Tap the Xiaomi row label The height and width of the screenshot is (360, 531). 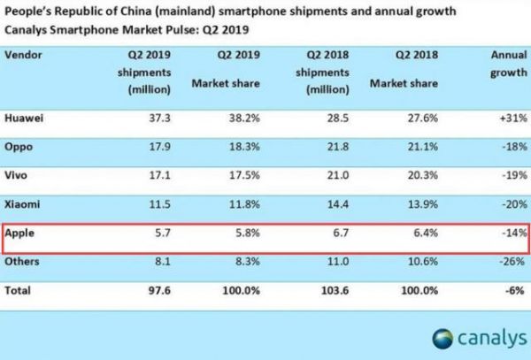click(22, 206)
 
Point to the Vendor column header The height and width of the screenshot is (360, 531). click(23, 54)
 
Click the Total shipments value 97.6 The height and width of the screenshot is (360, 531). click(159, 289)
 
